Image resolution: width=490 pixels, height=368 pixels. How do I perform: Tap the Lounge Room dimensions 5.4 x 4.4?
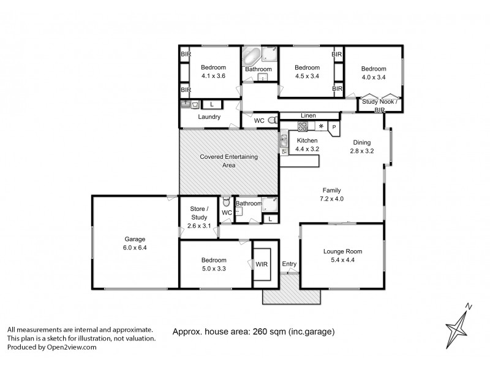(x=343, y=259)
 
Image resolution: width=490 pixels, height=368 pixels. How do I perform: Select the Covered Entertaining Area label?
(x=229, y=161)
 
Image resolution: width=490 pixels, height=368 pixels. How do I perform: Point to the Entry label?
(x=289, y=264)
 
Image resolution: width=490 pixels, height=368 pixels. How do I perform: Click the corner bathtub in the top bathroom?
(x=251, y=58)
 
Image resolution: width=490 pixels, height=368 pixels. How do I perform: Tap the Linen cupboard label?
(x=307, y=115)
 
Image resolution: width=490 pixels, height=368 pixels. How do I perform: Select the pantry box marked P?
(x=334, y=127)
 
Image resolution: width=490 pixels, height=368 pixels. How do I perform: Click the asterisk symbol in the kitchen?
(x=320, y=126)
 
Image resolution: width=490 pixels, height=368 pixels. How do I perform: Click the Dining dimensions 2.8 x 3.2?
(x=361, y=150)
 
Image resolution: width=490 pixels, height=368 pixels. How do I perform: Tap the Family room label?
(x=331, y=190)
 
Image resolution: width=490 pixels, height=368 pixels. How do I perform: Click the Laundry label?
(x=208, y=117)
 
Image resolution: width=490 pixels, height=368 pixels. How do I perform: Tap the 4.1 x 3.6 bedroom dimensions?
(x=213, y=76)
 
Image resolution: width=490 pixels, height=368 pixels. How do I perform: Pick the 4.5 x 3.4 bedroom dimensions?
(x=307, y=76)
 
